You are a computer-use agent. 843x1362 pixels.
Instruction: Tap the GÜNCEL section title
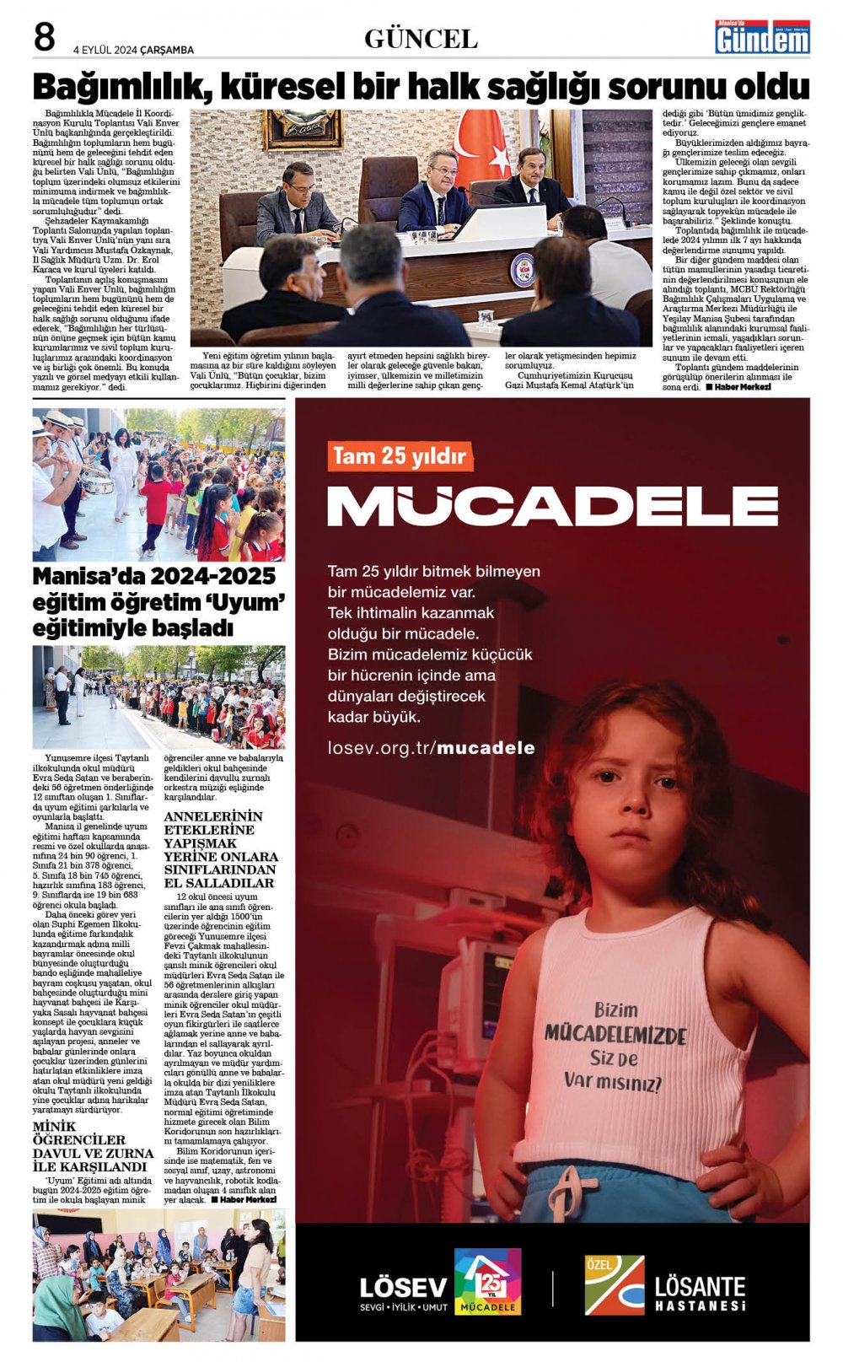pos(421,39)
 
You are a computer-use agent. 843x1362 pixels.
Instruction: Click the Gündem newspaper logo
pos(762,37)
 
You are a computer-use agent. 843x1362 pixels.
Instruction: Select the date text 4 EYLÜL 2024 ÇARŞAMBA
pos(133,50)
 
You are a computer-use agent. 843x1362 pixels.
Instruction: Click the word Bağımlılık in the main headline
pos(117,87)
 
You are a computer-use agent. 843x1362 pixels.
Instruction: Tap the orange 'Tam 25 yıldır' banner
pos(400,456)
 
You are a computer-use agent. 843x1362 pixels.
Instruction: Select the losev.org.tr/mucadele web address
pos(431,748)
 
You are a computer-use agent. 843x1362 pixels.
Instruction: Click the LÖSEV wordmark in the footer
pos(403,1288)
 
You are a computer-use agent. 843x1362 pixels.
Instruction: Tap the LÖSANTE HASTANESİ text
pos(700,1294)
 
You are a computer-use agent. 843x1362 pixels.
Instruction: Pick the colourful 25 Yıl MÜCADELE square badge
pos(487,1282)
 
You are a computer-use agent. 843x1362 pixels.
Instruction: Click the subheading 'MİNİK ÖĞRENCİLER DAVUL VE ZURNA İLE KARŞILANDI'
pos(93,1147)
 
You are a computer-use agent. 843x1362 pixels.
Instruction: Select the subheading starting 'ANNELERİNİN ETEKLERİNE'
pos(219,849)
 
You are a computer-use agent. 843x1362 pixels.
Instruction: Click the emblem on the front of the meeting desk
pos(522,270)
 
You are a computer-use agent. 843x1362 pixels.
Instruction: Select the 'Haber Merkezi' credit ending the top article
pos(739,387)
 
